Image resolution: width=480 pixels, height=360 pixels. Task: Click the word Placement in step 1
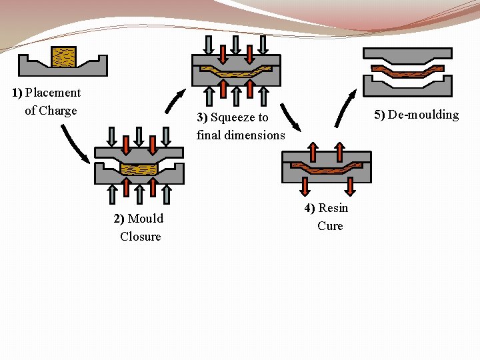click(53, 93)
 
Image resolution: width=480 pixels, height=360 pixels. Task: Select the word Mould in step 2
click(145, 219)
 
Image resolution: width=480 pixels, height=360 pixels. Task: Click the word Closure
click(141, 237)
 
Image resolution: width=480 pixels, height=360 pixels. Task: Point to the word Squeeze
click(239, 117)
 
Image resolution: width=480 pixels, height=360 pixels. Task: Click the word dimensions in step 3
click(256, 135)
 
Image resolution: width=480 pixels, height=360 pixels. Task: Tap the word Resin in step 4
click(333, 208)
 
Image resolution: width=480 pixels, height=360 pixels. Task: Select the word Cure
click(330, 226)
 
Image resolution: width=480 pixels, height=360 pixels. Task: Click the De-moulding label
click(416, 115)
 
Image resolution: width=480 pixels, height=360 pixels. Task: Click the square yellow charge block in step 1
click(65, 57)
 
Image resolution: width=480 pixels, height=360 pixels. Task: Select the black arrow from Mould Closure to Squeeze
click(176, 101)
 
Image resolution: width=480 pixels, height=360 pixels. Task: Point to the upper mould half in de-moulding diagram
click(407, 55)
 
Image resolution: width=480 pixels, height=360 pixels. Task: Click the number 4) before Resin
click(310, 208)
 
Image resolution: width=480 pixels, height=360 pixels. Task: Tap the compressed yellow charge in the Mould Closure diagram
click(139, 169)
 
